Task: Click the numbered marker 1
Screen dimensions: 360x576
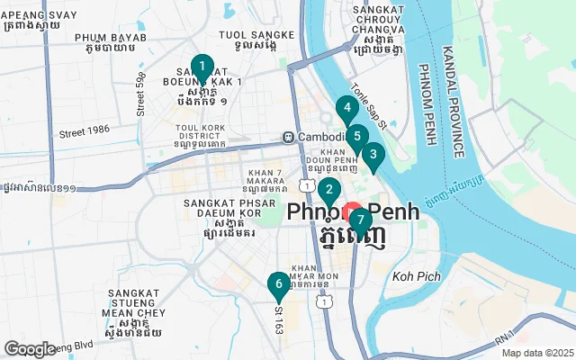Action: (202, 67)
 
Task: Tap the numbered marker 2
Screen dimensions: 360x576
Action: (329, 190)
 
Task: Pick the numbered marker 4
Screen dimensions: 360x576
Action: (346, 110)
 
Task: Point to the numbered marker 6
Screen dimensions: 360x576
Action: (279, 284)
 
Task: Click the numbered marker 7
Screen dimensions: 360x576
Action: (360, 220)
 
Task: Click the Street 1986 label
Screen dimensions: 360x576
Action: (84, 130)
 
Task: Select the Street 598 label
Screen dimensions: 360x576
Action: (140, 94)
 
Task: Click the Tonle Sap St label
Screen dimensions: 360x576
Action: (368, 104)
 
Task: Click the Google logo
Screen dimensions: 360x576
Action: (30, 349)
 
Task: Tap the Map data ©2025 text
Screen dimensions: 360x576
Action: (537, 354)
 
